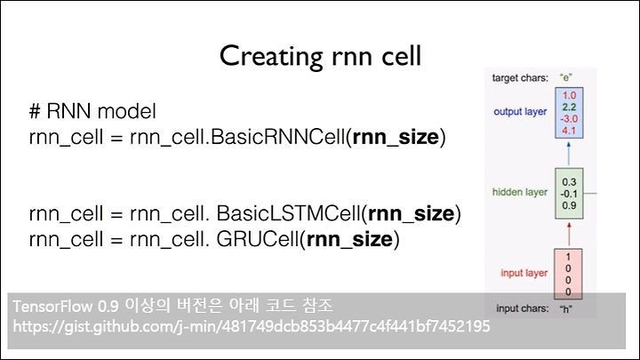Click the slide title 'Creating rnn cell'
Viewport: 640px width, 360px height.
pyautogui.click(x=320, y=56)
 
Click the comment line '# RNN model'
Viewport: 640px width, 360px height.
pyautogui.click(x=92, y=111)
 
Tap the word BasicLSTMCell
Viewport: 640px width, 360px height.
pyautogui.click(x=288, y=213)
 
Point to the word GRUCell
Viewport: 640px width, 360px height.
pyautogui.click(x=258, y=239)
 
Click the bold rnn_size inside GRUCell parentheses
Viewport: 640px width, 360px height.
pyautogui.click(x=349, y=239)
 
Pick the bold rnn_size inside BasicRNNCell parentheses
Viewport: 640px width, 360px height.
pyautogui.click(x=396, y=137)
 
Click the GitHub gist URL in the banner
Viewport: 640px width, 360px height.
pyautogui.click(x=252, y=326)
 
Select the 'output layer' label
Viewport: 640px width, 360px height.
pyautogui.click(x=520, y=112)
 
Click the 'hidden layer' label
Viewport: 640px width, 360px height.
pyautogui.click(x=520, y=192)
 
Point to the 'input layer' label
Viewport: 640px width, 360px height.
pyautogui.click(x=524, y=273)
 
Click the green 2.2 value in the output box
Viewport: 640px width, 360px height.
pyautogui.click(x=569, y=107)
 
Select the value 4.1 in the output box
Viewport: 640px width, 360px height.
pyautogui.click(x=569, y=131)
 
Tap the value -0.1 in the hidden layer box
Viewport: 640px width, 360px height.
pyautogui.click(x=569, y=194)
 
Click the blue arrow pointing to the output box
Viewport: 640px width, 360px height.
pyautogui.click(x=569, y=154)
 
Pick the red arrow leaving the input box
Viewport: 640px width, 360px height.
pyautogui.click(x=569, y=235)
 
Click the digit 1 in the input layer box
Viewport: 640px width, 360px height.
pyautogui.click(x=568, y=257)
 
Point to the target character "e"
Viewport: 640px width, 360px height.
pyautogui.click(x=565, y=77)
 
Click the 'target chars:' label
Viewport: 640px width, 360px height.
pyautogui.click(x=520, y=78)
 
